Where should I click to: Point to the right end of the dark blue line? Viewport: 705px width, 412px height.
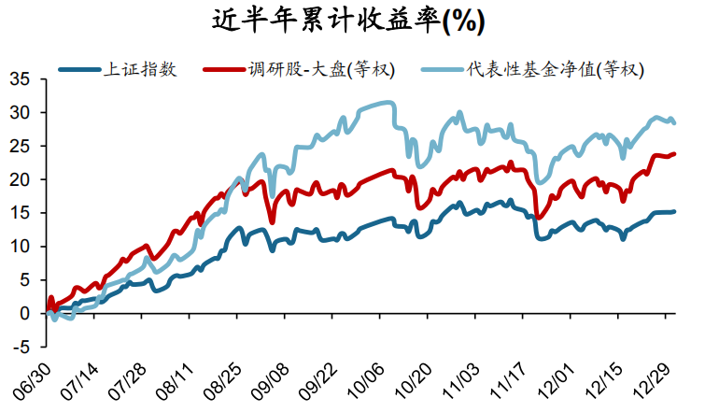(675, 211)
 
